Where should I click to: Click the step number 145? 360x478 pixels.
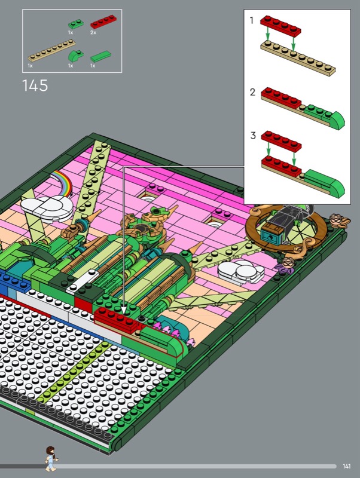pyautogui.click(x=35, y=85)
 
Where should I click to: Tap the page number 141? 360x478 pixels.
pyautogui.click(x=346, y=467)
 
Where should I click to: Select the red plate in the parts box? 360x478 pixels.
pyautogui.click(x=103, y=22)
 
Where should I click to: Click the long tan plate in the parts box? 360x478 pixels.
pyautogui.click(x=51, y=51)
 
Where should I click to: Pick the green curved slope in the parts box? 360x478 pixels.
pyautogui.click(x=75, y=56)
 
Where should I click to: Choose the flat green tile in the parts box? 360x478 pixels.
pyautogui.click(x=100, y=57)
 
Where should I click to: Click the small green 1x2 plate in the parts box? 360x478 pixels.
pyautogui.click(x=76, y=24)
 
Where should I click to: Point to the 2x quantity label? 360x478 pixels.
pyautogui.click(x=93, y=32)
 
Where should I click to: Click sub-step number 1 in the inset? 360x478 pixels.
pyautogui.click(x=251, y=20)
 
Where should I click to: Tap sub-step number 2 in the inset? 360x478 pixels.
pyautogui.click(x=252, y=92)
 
